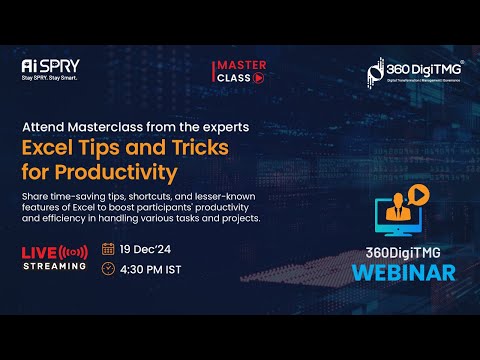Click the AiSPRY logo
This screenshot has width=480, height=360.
[x=50, y=69]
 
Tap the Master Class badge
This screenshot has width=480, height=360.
[x=238, y=71]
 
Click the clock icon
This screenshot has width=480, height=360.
[x=108, y=268]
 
